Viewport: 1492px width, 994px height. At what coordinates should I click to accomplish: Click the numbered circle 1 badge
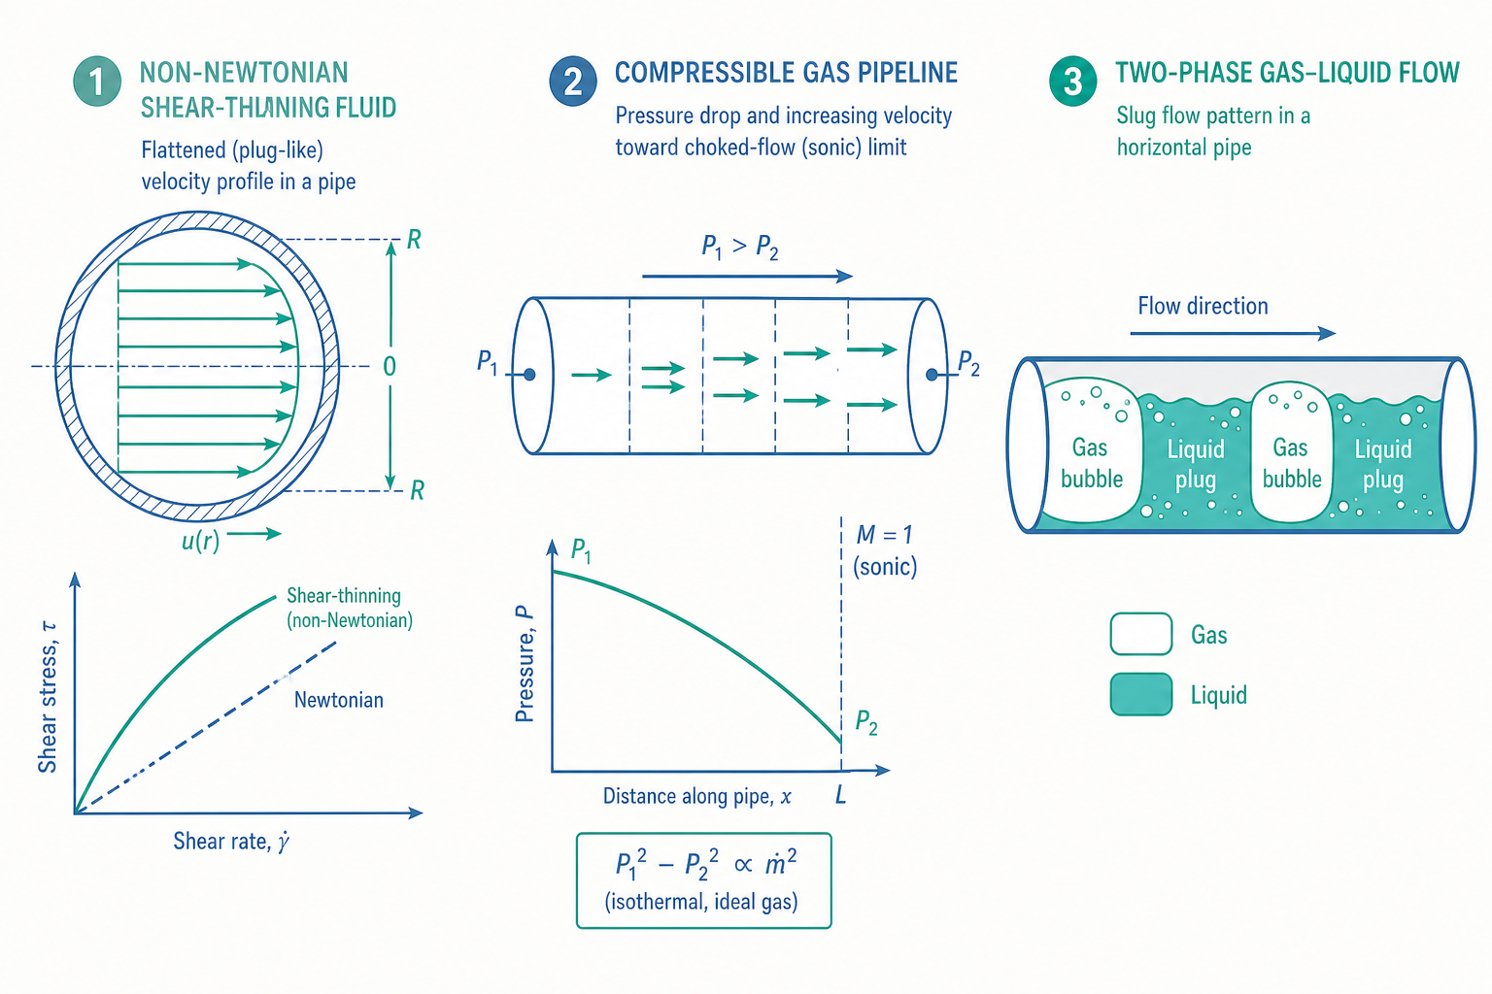pos(97,82)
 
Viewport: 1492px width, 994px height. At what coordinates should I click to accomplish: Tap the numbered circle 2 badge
pos(573,82)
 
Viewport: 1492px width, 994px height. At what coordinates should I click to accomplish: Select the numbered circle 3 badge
pos(1073,82)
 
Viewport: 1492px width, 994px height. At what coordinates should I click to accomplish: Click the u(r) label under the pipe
pos(200,540)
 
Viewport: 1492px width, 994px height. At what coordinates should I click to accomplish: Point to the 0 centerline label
pos(390,366)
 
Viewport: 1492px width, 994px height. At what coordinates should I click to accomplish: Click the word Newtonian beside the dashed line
pos(339,700)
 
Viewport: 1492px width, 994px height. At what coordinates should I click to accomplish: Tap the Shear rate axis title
pos(231,842)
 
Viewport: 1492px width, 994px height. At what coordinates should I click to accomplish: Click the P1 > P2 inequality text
pos(740,247)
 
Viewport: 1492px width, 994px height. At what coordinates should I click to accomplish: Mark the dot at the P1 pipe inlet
pos(529,375)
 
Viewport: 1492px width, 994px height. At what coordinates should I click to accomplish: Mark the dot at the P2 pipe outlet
pos(932,375)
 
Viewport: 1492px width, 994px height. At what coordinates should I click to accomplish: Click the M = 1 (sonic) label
pos(885,550)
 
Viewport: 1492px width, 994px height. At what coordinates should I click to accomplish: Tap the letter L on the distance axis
pos(840,794)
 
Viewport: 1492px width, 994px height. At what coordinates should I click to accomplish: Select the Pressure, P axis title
pos(525,664)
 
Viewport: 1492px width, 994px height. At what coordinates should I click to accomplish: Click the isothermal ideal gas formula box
pos(704,880)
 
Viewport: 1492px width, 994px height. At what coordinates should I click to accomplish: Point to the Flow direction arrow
pos(1233,333)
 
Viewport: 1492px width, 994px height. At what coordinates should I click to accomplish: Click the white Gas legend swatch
pos(1141,634)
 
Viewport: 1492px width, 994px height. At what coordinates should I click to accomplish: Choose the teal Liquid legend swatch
pos(1141,694)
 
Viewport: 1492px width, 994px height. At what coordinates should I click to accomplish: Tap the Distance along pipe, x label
pos(697,796)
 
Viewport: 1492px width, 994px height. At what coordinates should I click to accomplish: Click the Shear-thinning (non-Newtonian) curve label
pos(350,608)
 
